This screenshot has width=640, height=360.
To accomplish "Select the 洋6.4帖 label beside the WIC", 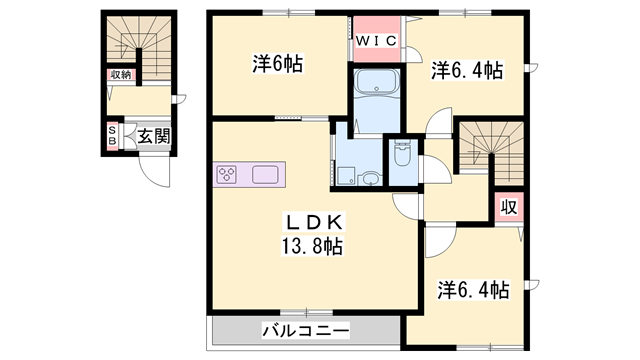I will point(466,71).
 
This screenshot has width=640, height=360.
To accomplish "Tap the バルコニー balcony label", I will point(305,329).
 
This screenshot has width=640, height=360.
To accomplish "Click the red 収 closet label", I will point(509,207).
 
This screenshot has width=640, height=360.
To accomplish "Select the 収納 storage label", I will point(121,75).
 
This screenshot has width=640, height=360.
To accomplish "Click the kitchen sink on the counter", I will point(266,175).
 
